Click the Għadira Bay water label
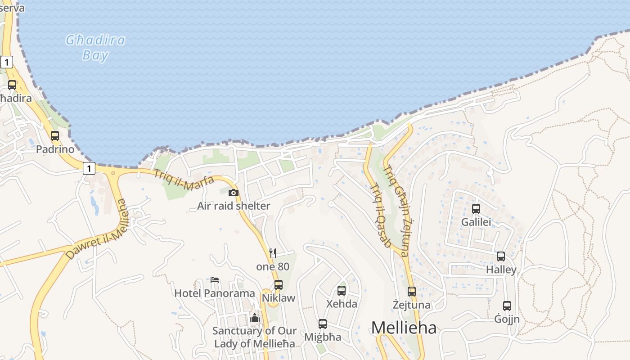tap(95, 48)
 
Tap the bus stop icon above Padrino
tap(55, 135)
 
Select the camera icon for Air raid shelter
tap(233, 193)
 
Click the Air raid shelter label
tap(234, 206)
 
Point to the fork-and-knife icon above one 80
tap(273, 253)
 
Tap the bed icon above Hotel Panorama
tap(215, 280)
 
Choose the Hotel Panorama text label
tap(215, 293)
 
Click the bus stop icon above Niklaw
tap(279, 284)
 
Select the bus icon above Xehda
tap(342, 290)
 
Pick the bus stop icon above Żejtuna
tap(412, 291)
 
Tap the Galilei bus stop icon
tap(476, 209)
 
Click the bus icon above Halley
tap(501, 256)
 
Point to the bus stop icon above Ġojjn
tap(507, 306)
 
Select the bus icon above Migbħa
tap(323, 324)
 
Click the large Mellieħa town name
tap(404, 328)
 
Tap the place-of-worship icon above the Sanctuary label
tap(255, 318)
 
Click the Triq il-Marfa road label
tap(184, 179)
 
